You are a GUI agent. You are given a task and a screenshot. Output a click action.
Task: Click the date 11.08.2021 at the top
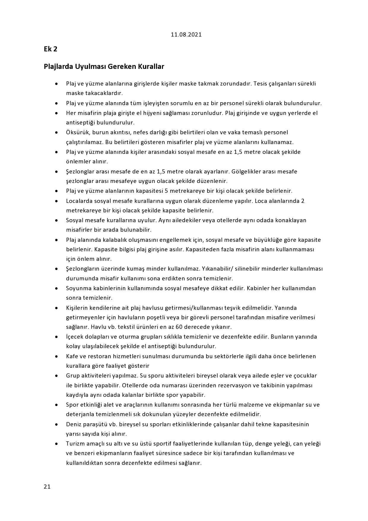point(186,34)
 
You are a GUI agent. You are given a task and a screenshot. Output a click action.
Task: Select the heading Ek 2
point(50,49)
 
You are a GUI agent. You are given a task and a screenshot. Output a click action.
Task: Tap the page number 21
point(47,487)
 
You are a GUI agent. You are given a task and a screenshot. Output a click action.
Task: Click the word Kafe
point(72,356)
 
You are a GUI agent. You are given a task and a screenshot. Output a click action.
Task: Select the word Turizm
point(75,443)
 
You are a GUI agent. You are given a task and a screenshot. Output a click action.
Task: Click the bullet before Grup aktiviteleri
point(56,376)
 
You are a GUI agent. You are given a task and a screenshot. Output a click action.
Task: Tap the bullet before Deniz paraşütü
point(56,424)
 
